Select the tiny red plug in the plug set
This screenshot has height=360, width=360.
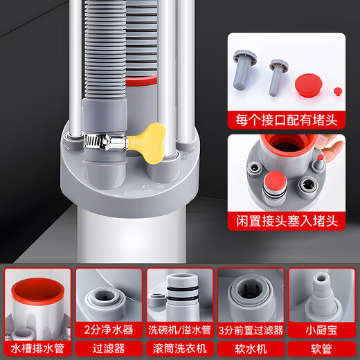[x=337, y=90]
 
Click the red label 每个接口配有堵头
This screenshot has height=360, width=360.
[x=285, y=118]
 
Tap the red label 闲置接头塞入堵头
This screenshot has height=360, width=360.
[x=285, y=222]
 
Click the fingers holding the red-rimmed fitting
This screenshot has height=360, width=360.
[x=335, y=145]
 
